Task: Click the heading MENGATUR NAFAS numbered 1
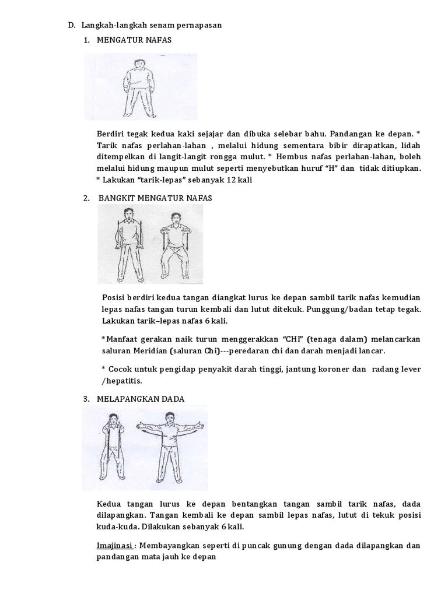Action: click(x=135, y=40)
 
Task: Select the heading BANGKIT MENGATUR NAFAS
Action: click(x=155, y=198)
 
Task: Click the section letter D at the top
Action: click(x=71, y=25)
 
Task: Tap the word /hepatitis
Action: click(x=122, y=381)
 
